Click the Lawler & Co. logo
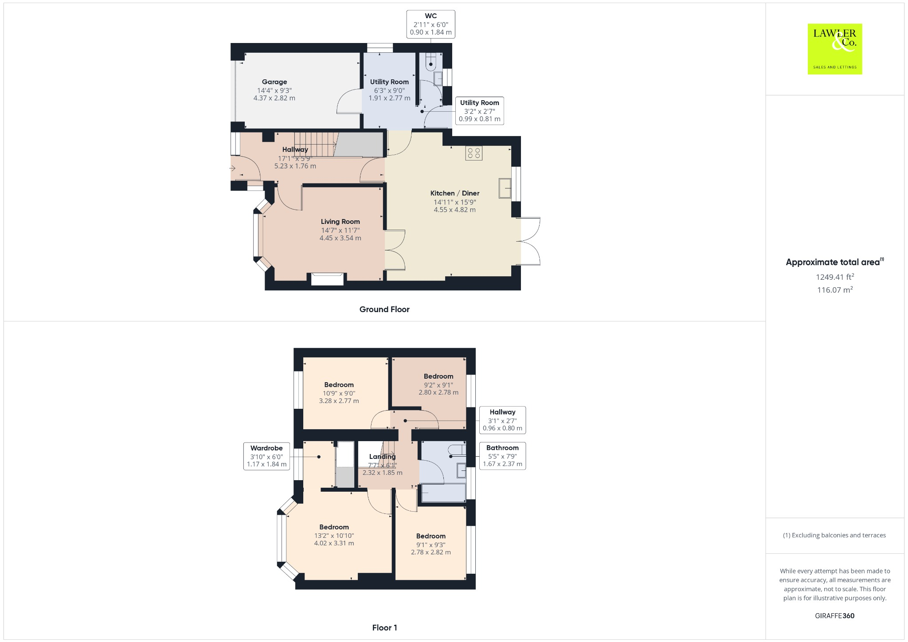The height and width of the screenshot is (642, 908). (x=834, y=49)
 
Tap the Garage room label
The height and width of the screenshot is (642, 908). (x=274, y=82)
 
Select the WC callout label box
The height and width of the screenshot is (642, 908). (x=431, y=24)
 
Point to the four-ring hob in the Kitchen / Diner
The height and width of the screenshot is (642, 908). (x=474, y=153)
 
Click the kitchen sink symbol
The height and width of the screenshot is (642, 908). (x=505, y=188)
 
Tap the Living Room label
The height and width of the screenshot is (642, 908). (x=340, y=222)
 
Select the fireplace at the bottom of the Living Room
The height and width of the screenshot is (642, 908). (x=327, y=279)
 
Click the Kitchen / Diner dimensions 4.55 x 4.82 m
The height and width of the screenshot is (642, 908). (x=454, y=210)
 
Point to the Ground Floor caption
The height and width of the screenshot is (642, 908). (x=384, y=309)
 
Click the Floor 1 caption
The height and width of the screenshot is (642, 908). (x=384, y=627)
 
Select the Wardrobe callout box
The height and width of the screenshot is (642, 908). (x=266, y=456)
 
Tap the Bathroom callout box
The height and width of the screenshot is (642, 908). (x=502, y=456)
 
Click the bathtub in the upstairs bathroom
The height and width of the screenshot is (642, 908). (x=443, y=493)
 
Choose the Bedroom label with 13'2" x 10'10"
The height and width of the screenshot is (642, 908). (x=334, y=527)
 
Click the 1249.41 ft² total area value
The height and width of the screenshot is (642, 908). (x=834, y=277)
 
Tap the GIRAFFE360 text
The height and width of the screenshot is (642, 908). (x=834, y=615)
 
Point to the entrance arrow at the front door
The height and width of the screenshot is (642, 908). (x=232, y=168)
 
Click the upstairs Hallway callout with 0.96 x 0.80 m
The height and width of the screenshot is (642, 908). (x=502, y=420)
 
